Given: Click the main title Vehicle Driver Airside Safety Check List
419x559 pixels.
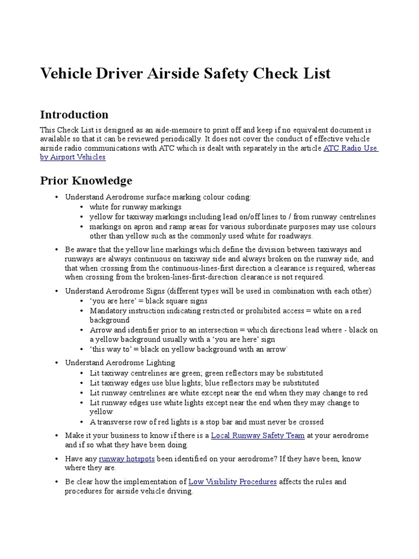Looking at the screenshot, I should tap(185, 73).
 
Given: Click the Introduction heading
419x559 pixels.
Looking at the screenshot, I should tap(74, 115).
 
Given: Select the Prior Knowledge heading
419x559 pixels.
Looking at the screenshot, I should tap(86, 180).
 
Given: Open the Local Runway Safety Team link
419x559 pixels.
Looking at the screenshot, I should tap(258, 436).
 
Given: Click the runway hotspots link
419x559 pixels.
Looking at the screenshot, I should tap(127, 459).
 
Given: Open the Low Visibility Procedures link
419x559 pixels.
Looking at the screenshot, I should tap(232, 481).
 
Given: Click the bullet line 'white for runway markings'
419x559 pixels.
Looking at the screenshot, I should tap(135, 207).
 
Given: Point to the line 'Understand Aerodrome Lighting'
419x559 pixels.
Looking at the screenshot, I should tap(120, 362).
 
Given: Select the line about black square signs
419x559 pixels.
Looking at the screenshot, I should tap(148, 301).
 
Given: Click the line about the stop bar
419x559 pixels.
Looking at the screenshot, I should tap(207, 422).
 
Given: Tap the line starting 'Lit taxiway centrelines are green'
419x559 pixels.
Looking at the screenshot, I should tap(206, 373).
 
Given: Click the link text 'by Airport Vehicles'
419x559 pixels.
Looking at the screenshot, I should tap(73, 157).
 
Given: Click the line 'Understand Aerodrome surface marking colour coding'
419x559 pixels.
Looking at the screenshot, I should tap(158, 197).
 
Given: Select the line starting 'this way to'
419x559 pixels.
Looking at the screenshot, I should tap(189, 349).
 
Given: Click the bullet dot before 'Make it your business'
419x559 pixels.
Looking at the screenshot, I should tap(56, 436).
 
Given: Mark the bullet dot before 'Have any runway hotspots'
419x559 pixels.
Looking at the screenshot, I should tap(56, 459).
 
